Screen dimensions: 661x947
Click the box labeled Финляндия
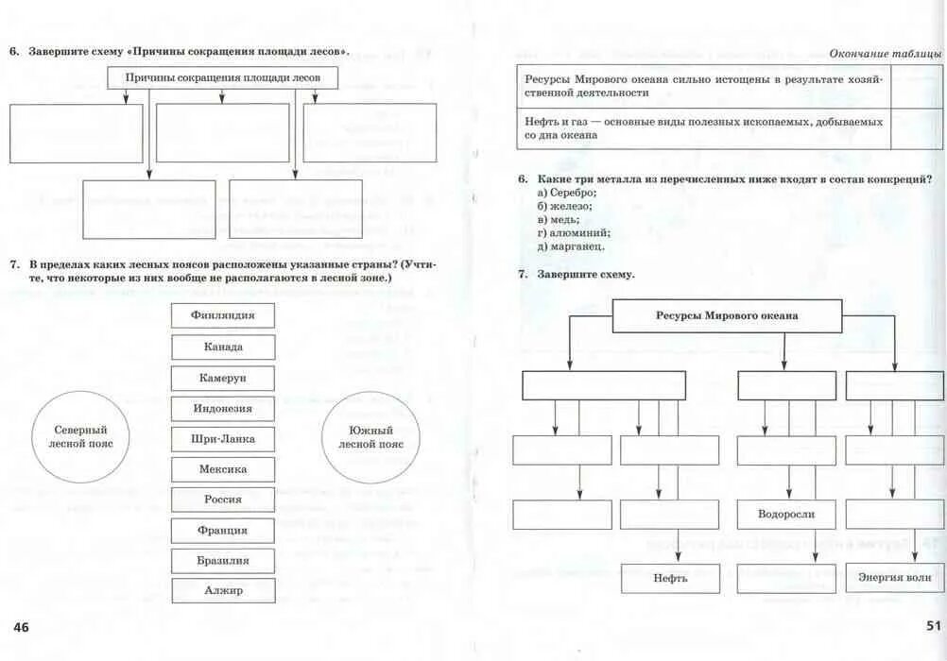(x=223, y=315)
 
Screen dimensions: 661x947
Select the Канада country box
(x=223, y=347)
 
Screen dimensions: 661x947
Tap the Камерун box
(x=223, y=378)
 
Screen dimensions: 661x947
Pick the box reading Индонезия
(x=223, y=409)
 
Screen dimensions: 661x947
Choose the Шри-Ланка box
(x=223, y=439)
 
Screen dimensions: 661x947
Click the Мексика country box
(x=223, y=469)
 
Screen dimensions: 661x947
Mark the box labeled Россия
(x=223, y=500)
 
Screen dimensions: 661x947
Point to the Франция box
(x=223, y=531)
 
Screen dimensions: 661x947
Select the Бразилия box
(x=223, y=561)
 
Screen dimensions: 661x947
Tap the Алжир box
(x=223, y=591)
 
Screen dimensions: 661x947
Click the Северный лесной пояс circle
(x=77, y=435)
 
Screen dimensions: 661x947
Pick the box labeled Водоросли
(x=785, y=516)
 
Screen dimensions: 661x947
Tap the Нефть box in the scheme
(x=670, y=578)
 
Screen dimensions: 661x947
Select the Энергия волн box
(x=894, y=578)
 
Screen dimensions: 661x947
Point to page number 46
(x=21, y=628)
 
